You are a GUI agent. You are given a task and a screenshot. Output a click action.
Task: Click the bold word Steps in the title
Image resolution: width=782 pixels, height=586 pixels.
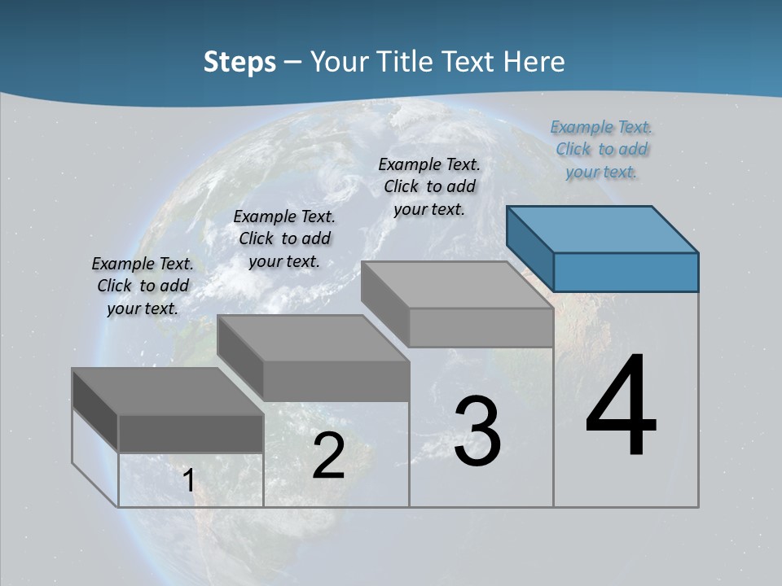tap(239, 62)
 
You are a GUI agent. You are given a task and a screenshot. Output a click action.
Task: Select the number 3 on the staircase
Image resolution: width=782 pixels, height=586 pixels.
tap(477, 431)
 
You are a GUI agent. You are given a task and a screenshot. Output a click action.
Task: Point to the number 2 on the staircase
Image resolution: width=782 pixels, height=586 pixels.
tap(328, 456)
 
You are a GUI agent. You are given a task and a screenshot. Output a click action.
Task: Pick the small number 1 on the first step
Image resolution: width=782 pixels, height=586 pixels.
tap(189, 480)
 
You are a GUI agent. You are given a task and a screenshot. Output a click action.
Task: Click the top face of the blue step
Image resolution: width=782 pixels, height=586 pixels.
tap(601, 230)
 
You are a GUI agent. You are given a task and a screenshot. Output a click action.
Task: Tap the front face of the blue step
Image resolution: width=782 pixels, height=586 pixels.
tap(626, 272)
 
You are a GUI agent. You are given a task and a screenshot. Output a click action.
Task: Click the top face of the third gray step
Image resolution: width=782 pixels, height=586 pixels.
tap(456, 285)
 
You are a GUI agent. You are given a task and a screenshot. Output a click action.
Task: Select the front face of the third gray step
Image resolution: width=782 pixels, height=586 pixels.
tap(481, 327)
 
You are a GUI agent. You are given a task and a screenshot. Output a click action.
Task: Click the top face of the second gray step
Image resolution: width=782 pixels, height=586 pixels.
tap(312, 338)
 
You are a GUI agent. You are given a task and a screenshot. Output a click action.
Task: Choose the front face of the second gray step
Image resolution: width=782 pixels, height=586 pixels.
tap(336, 381)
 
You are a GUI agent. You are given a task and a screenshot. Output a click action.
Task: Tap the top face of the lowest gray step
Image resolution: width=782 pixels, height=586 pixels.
tap(167, 391)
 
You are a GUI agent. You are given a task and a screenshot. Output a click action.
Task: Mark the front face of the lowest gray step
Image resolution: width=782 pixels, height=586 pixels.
tap(191, 433)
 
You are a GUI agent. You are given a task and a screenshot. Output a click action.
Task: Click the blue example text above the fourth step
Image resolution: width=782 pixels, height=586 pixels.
tap(601, 149)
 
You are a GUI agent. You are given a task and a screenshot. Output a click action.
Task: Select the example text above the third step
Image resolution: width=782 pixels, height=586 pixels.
tap(429, 186)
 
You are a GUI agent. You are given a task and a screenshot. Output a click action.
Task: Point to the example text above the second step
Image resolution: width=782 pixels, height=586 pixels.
tap(284, 238)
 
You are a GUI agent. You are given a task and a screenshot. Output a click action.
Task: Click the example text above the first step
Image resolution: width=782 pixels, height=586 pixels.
tap(143, 286)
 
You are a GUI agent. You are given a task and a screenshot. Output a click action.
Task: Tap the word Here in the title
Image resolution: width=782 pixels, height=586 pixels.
tap(534, 62)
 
